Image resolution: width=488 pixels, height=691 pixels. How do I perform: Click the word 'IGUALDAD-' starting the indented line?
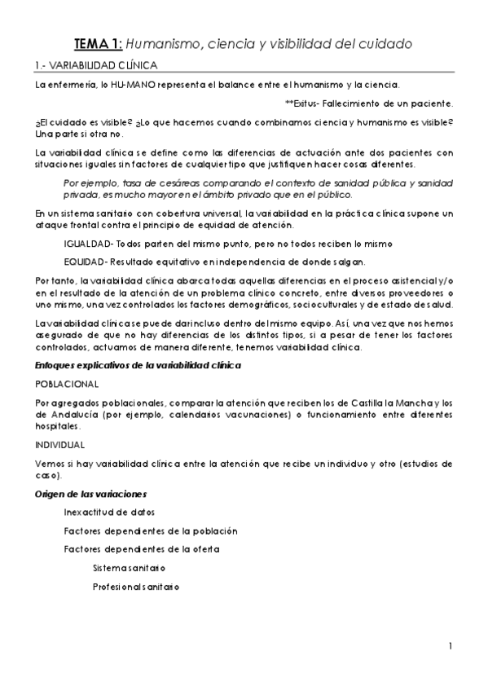(88, 244)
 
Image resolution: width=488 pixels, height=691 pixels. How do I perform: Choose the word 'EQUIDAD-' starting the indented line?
(86, 262)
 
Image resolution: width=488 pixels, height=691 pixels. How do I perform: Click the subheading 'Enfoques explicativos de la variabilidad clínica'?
(138, 366)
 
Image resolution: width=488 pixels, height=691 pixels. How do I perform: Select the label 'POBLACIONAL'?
(68, 383)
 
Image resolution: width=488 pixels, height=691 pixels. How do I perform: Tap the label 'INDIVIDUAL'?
(59, 444)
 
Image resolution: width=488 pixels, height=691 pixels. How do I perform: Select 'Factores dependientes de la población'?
(151, 530)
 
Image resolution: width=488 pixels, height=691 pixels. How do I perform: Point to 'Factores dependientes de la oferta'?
(141, 549)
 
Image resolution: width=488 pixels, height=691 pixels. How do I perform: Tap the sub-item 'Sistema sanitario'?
(129, 567)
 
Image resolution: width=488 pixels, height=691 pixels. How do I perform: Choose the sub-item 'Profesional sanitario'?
(136, 586)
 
